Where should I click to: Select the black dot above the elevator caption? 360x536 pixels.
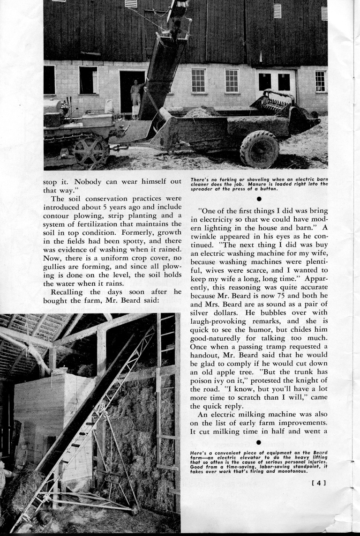pyautogui.click(x=259, y=442)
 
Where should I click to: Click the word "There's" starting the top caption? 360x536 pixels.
pyautogui.click(x=201, y=179)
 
